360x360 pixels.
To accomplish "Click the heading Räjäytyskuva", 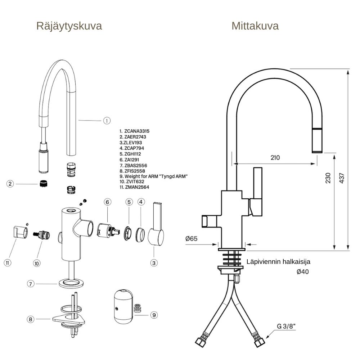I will [x=69, y=26].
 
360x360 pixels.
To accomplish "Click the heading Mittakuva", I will [x=255, y=26].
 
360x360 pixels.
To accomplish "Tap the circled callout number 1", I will [x=107, y=121].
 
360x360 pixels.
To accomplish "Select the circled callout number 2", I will [x=10, y=184].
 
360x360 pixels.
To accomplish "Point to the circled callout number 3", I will [x=154, y=263].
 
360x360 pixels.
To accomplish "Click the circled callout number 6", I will [x=107, y=202].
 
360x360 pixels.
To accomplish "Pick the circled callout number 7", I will [x=31, y=284].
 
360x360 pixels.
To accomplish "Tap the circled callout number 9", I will [x=154, y=315].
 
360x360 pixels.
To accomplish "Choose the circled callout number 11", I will [x=8, y=263].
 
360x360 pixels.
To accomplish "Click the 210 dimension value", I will [x=275, y=157].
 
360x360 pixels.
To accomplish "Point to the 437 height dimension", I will [x=342, y=177].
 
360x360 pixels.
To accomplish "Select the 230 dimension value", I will [x=328, y=178].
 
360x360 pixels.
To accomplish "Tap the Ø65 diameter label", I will [x=192, y=238].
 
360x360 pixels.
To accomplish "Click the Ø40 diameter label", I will [x=302, y=272].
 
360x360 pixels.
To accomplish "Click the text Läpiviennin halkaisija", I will [x=278, y=262].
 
